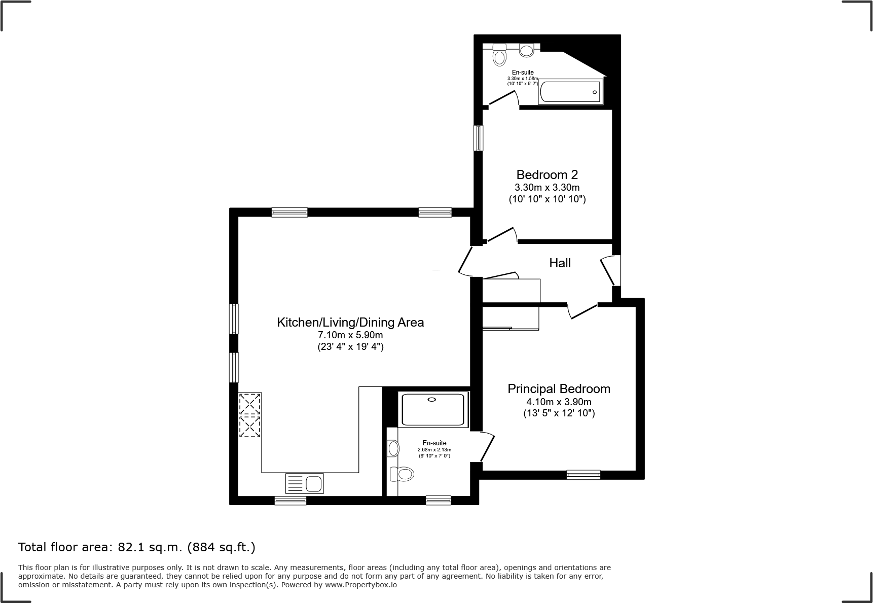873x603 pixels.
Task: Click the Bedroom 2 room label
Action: click(x=547, y=175)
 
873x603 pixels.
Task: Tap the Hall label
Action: click(x=560, y=263)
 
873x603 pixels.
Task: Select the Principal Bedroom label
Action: click(x=559, y=389)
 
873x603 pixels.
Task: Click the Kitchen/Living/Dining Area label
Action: click(x=350, y=322)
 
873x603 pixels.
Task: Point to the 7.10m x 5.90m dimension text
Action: click(x=350, y=335)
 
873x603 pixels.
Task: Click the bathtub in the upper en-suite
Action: click(x=570, y=92)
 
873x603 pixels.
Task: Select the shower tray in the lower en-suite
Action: click(x=432, y=409)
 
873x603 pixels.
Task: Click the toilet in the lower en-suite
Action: click(x=403, y=474)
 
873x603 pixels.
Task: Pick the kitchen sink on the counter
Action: click(x=305, y=483)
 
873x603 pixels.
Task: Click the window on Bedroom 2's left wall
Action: click(x=478, y=138)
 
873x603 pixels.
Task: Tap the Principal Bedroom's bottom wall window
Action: click(x=583, y=475)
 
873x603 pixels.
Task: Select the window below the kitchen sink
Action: click(x=290, y=501)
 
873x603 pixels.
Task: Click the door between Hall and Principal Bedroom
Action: click(x=583, y=310)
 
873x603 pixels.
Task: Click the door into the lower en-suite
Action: click(x=487, y=446)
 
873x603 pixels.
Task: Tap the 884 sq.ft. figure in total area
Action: click(x=221, y=547)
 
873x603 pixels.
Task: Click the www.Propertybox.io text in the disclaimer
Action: click(x=360, y=585)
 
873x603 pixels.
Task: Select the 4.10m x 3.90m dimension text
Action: click(x=559, y=402)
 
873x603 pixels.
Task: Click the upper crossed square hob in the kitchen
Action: click(x=250, y=404)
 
